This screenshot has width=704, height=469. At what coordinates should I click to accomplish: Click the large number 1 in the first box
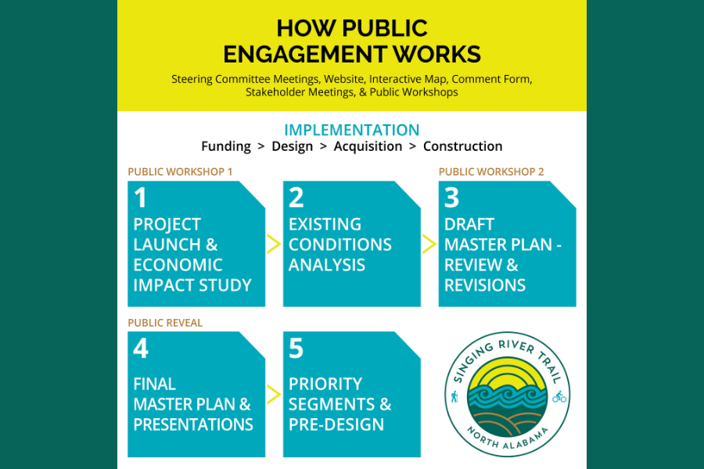pos(141,198)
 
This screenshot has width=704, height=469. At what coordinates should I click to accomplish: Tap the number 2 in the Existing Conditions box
pos(296,198)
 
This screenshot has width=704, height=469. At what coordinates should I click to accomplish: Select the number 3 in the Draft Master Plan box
pos(451,198)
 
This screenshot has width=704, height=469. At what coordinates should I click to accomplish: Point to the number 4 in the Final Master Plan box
pos(141,349)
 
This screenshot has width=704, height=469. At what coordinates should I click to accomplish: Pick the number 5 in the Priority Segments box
pos(296,349)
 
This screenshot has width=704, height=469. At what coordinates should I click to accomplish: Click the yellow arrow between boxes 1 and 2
pos(274,244)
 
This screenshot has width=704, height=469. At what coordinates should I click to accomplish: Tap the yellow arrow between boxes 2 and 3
pos(429,244)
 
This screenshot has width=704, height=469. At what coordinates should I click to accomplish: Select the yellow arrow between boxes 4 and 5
pos(274,394)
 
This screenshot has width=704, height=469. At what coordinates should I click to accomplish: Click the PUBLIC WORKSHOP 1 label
pos(180,172)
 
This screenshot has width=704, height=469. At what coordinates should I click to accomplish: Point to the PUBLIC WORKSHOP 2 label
pos(491,172)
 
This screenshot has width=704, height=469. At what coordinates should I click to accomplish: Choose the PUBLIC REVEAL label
pos(165,323)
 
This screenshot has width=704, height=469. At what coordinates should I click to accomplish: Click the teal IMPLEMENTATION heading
pos(352,130)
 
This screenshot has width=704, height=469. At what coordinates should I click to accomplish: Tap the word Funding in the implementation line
pos(226,146)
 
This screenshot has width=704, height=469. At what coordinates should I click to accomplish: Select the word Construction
pos(463,146)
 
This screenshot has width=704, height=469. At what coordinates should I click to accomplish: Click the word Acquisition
pos(368,146)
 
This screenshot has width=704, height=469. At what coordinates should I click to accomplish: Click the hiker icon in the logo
pos(454,397)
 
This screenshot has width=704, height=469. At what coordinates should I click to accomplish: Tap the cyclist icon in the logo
pos(559,397)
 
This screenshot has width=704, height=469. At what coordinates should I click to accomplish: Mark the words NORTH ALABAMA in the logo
pos(508,439)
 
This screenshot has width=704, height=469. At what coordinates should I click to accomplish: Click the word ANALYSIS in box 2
pos(327,265)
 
